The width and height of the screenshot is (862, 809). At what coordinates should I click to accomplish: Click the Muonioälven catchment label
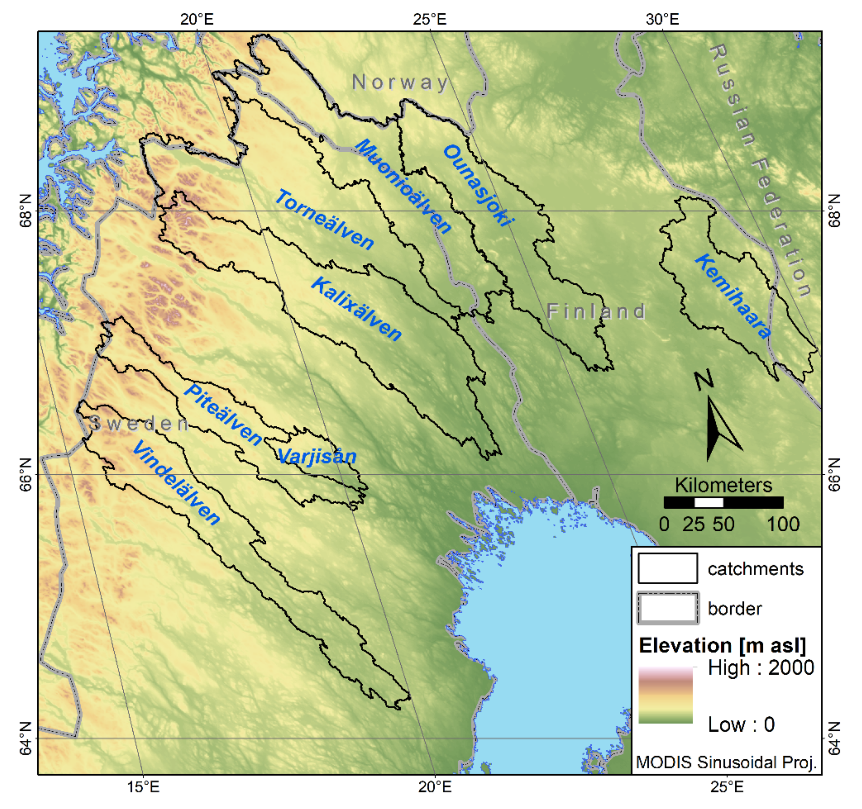click(403, 186)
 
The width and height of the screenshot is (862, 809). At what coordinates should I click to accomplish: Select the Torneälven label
click(324, 220)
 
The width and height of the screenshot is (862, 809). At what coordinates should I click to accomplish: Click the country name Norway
click(400, 82)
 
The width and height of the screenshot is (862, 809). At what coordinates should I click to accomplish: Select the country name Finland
click(596, 311)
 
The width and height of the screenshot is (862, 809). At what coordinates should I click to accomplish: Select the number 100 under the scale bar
click(783, 525)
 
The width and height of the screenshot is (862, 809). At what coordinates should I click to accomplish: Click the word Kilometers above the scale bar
click(723, 485)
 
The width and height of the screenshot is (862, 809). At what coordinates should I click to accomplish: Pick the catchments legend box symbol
click(667, 568)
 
